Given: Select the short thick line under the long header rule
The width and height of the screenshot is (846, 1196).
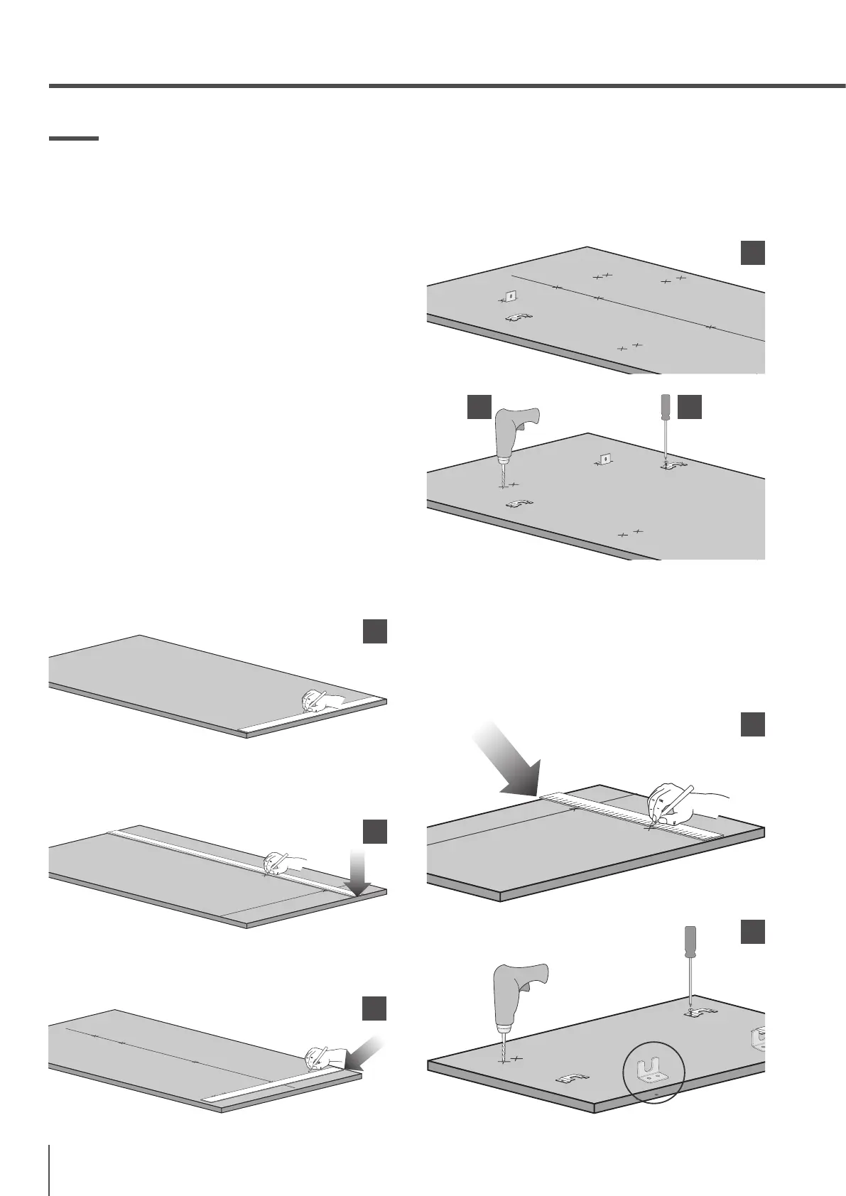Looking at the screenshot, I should [73, 138].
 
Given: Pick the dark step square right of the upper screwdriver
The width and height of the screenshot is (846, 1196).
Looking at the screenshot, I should [689, 407].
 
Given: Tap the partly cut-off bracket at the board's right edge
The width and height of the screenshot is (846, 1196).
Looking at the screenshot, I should [759, 1038].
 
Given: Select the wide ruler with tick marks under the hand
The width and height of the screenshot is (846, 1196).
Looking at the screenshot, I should [632, 812].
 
